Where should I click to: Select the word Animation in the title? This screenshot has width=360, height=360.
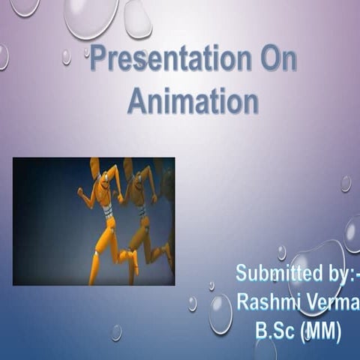click(x=193, y=100)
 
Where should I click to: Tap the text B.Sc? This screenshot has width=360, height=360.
click(x=276, y=330)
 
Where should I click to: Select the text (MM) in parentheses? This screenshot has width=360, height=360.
click(x=322, y=330)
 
